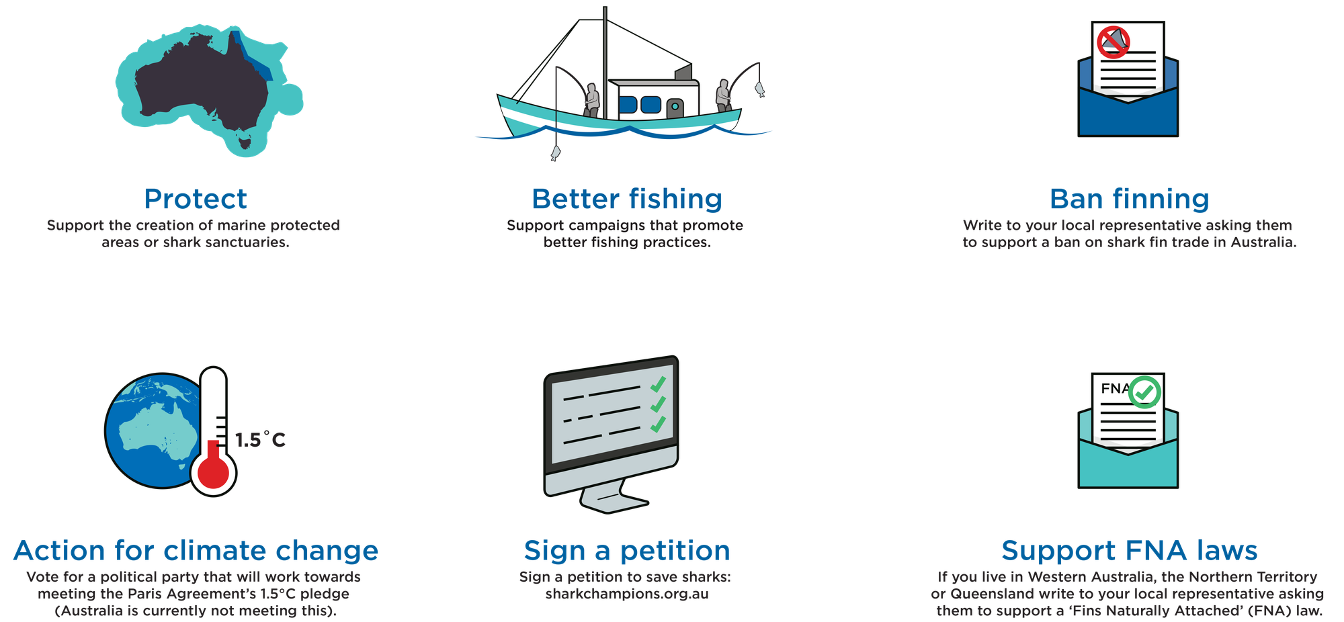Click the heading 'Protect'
coord(196,199)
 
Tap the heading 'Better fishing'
coord(626,199)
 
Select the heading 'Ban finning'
coord(1129,199)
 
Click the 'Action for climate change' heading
coord(196,550)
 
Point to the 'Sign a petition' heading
coord(626,550)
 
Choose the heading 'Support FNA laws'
coord(1129,550)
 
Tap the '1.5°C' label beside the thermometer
coord(260,440)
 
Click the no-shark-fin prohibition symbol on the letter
coord(1113,42)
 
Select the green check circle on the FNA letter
coord(1144,392)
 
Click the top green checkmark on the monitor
coord(658,384)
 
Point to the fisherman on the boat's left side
coord(591,99)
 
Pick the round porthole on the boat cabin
coord(674,106)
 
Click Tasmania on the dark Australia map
coord(245,141)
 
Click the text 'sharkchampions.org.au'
coord(626,594)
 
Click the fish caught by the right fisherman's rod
coord(759,89)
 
